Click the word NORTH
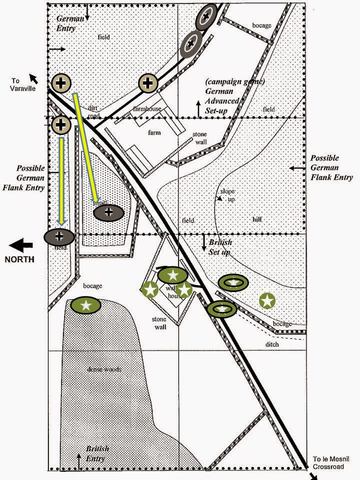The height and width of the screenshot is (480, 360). coord(20,259)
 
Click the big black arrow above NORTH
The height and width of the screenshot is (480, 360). coord(20,245)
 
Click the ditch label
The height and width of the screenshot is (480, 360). coord(272,344)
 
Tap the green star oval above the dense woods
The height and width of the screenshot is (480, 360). coord(86,305)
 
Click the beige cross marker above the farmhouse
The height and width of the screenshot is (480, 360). coord(148,83)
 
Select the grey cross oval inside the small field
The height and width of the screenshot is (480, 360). coord(108,212)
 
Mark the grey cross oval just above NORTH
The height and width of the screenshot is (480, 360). coord(59,235)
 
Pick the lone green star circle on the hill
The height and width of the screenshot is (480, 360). coord(267,300)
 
